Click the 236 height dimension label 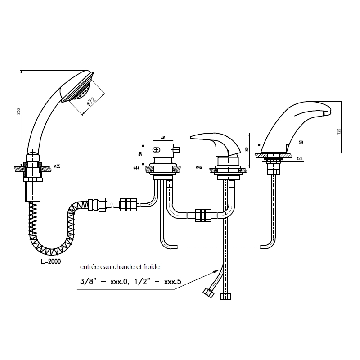[19, 111]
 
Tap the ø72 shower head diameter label [91, 102]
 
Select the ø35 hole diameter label [57, 166]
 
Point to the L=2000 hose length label [51, 261]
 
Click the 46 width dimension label [163, 138]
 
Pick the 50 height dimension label [140, 153]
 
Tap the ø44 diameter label [136, 168]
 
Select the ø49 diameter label [199, 167]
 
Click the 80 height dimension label [247, 149]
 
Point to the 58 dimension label [301, 143]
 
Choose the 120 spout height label [339, 131]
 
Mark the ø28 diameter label [299, 158]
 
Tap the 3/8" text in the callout [87, 281]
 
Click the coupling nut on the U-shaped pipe [203, 216]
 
